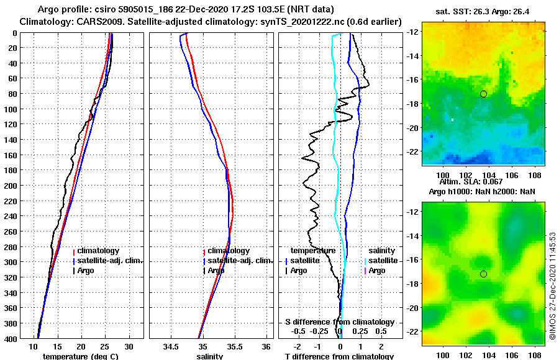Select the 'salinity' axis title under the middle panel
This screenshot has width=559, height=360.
[x=209, y=356]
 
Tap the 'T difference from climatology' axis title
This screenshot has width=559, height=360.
[x=339, y=356]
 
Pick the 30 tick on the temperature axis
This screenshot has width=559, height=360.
[x=129, y=346]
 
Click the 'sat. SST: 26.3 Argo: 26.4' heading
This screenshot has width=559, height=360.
[x=483, y=10]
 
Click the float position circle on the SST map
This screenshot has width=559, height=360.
[x=483, y=94]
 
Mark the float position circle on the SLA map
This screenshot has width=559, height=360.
[x=483, y=274]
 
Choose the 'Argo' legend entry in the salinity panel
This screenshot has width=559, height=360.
[x=216, y=271]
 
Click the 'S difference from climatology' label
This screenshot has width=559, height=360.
[x=339, y=322]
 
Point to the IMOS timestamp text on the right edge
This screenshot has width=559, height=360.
[x=553, y=286]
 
